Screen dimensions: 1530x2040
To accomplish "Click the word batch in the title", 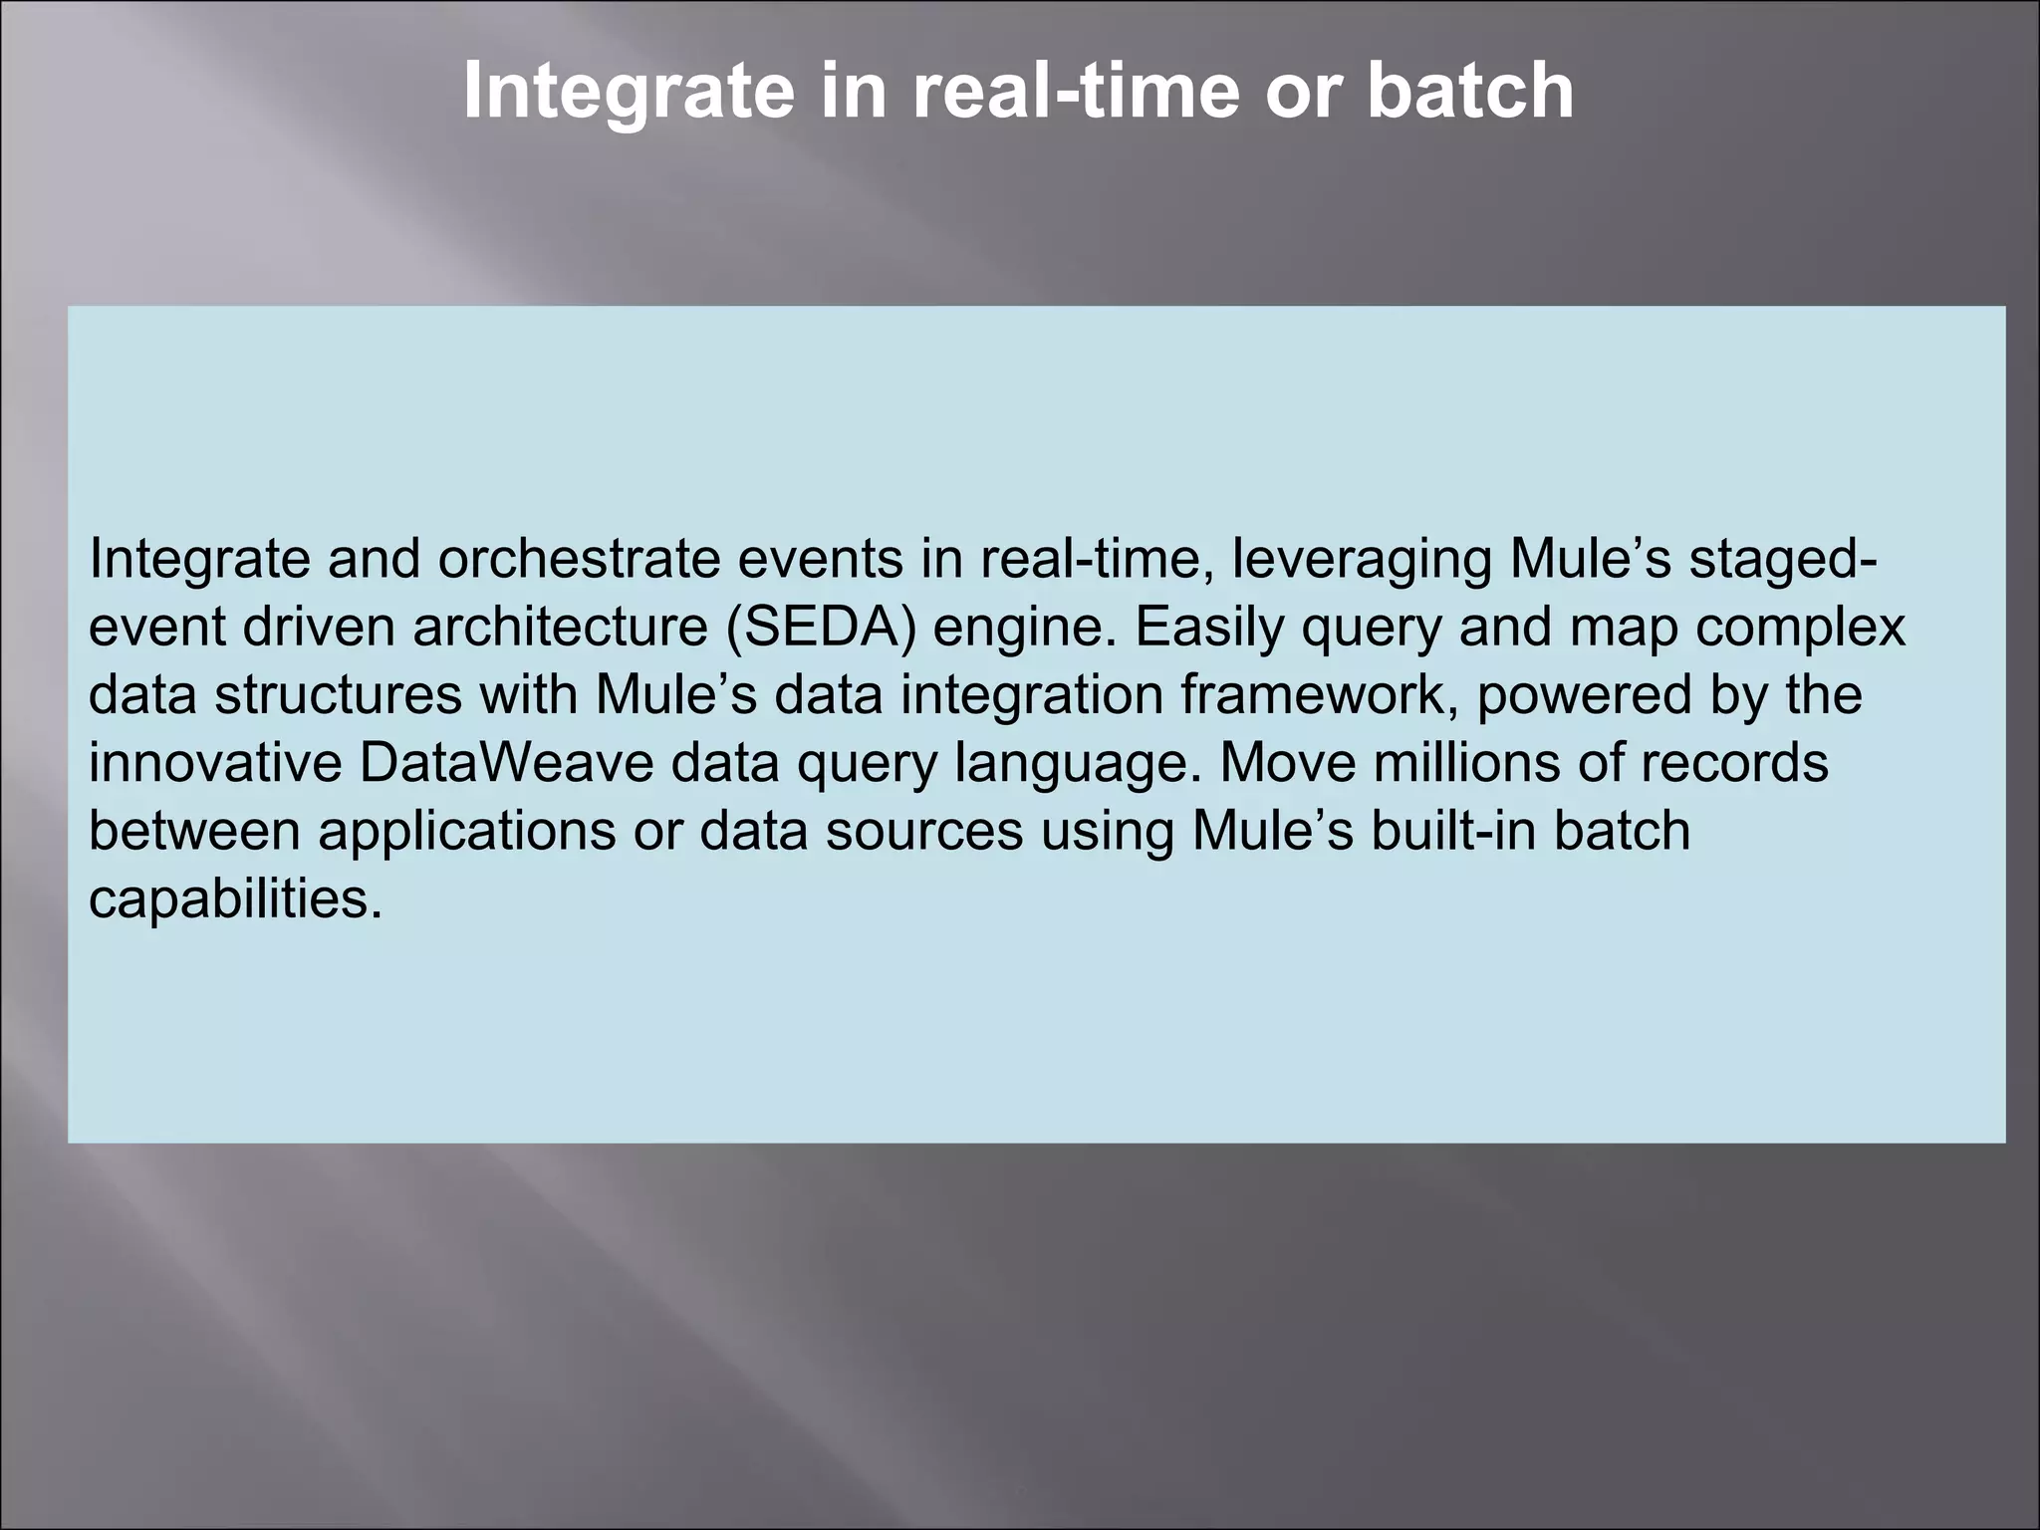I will click(x=1469, y=92).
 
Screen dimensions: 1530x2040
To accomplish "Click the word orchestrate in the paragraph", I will click(x=579, y=559).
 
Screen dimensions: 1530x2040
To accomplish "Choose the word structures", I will click(x=339, y=694).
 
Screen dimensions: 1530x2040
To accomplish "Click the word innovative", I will click(x=215, y=763).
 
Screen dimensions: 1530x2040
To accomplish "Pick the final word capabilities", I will click(x=235, y=899).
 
